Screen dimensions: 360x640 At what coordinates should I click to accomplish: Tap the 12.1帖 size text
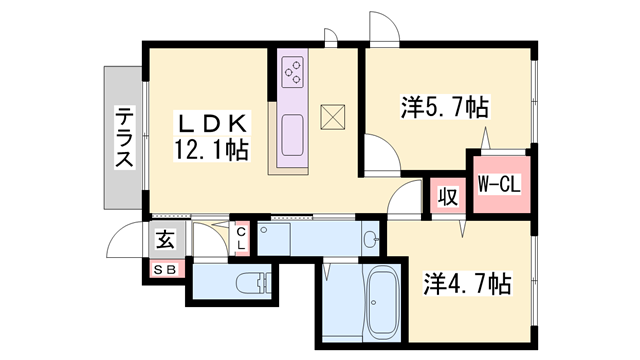coord(211,151)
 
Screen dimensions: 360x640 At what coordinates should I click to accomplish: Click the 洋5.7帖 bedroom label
coord(444,104)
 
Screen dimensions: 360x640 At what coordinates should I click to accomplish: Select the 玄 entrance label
coord(165,241)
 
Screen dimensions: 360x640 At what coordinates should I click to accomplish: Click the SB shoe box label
coord(165,268)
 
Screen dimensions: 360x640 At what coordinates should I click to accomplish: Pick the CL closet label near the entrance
coord(241,239)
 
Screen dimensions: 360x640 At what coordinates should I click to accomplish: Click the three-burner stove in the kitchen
coord(295,70)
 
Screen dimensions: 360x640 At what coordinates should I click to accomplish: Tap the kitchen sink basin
coord(293,135)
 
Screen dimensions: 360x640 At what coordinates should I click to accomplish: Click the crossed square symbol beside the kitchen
coord(332,117)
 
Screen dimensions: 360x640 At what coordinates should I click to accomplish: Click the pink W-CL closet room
coord(497,185)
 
